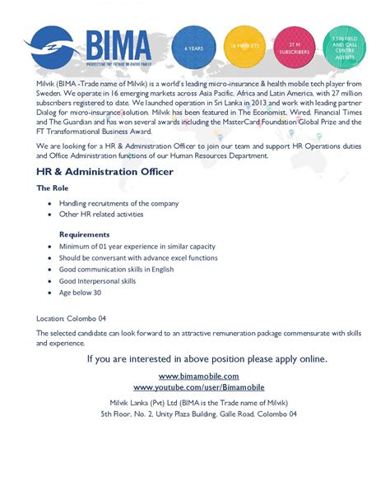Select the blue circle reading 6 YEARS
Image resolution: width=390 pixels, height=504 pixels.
(194, 49)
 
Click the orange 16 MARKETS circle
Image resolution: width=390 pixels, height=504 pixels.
(244, 48)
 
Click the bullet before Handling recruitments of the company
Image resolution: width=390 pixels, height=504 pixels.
(50, 203)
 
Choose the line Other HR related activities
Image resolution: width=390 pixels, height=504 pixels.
(101, 214)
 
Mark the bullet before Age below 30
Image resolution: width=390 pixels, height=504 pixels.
(50, 292)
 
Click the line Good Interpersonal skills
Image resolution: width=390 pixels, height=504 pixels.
(97, 280)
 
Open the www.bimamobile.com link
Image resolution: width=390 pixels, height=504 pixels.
(195, 376)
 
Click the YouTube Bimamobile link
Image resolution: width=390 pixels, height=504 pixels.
(195, 386)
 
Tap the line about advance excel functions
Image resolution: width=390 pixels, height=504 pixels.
(138, 257)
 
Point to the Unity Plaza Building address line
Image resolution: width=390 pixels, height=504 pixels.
(195, 414)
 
